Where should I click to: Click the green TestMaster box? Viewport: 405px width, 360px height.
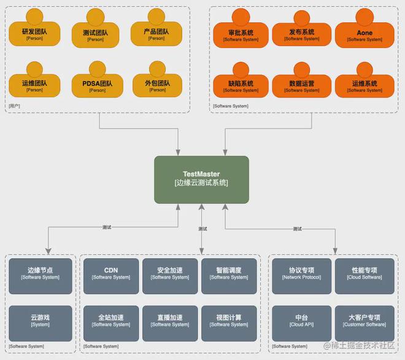coord(201,179)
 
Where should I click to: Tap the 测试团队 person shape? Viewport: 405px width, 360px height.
coord(96,34)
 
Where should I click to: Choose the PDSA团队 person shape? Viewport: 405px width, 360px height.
coord(97,85)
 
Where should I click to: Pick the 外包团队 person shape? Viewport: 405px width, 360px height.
coord(157,85)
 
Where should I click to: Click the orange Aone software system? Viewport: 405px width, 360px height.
coord(364,34)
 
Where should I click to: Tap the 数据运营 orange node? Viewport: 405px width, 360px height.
coord(302,85)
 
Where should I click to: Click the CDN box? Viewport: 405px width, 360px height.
coord(111,273)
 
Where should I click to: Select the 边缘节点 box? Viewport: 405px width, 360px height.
coord(40,273)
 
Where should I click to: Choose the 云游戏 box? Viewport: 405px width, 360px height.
coord(40,321)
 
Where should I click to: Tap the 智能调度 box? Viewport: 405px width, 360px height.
coord(228,273)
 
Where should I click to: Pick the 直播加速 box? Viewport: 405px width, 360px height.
coord(170,321)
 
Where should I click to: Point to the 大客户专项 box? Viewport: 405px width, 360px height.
coord(364,321)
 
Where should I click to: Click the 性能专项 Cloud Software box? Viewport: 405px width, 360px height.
coord(364,273)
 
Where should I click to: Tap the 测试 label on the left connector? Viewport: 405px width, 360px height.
coord(107,227)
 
